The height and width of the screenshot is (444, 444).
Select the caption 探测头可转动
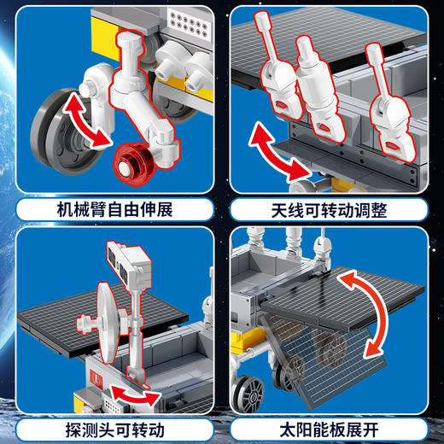[109, 426]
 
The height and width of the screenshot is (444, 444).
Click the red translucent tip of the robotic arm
[131, 161]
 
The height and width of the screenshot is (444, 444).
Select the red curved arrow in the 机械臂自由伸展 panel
[85, 120]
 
